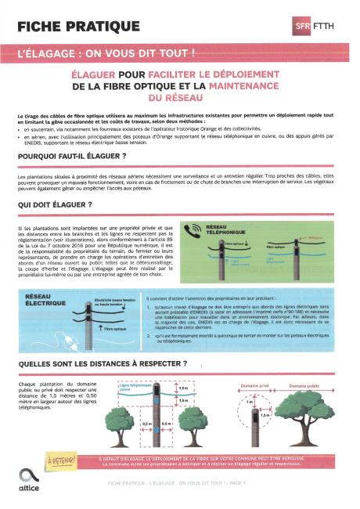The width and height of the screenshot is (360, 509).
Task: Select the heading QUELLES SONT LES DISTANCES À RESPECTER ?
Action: [x=101, y=363]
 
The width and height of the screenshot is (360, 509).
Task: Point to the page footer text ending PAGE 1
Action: [x=176, y=483]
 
